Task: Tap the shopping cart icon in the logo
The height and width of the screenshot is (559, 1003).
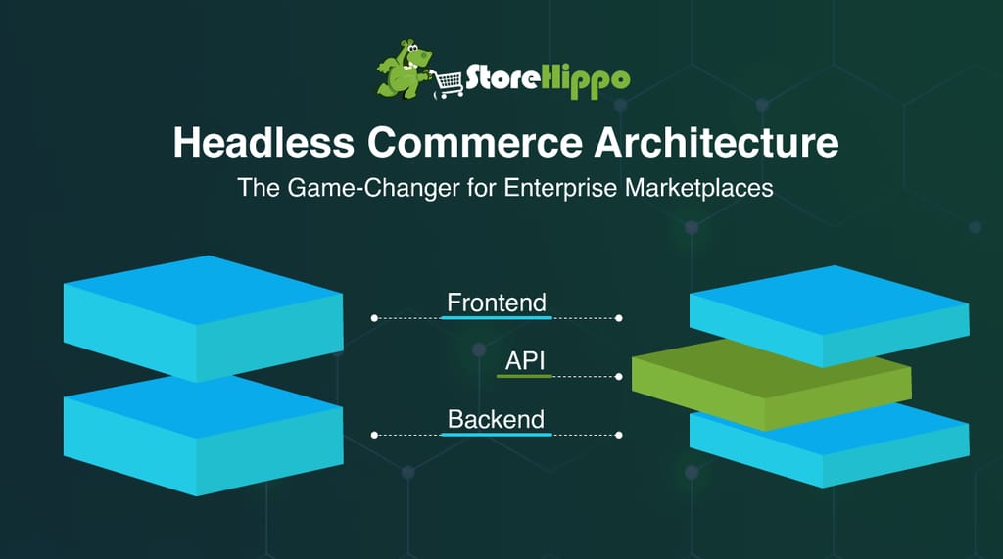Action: (x=448, y=84)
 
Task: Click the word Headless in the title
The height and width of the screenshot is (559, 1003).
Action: (x=263, y=142)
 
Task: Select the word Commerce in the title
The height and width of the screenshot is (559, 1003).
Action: (x=475, y=142)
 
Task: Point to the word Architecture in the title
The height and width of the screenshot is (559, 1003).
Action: (x=716, y=142)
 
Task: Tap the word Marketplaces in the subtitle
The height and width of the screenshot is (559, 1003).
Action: (x=699, y=188)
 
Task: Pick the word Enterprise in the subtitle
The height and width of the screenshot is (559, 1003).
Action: (x=560, y=188)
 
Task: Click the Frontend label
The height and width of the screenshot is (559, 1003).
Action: (x=497, y=303)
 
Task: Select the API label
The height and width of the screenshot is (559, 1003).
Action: (x=525, y=360)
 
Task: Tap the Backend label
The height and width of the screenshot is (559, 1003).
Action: (x=497, y=420)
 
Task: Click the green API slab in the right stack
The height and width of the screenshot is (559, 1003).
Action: (x=771, y=384)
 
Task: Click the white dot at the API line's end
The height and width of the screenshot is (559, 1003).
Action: (x=619, y=377)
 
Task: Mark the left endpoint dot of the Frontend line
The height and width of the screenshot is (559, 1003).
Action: (x=374, y=318)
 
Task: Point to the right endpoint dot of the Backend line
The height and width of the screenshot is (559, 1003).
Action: (x=619, y=435)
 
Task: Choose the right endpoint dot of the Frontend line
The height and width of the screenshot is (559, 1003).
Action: (x=619, y=318)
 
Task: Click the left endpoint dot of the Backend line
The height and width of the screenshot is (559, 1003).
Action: (x=374, y=435)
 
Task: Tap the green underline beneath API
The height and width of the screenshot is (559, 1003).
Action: (x=524, y=376)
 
